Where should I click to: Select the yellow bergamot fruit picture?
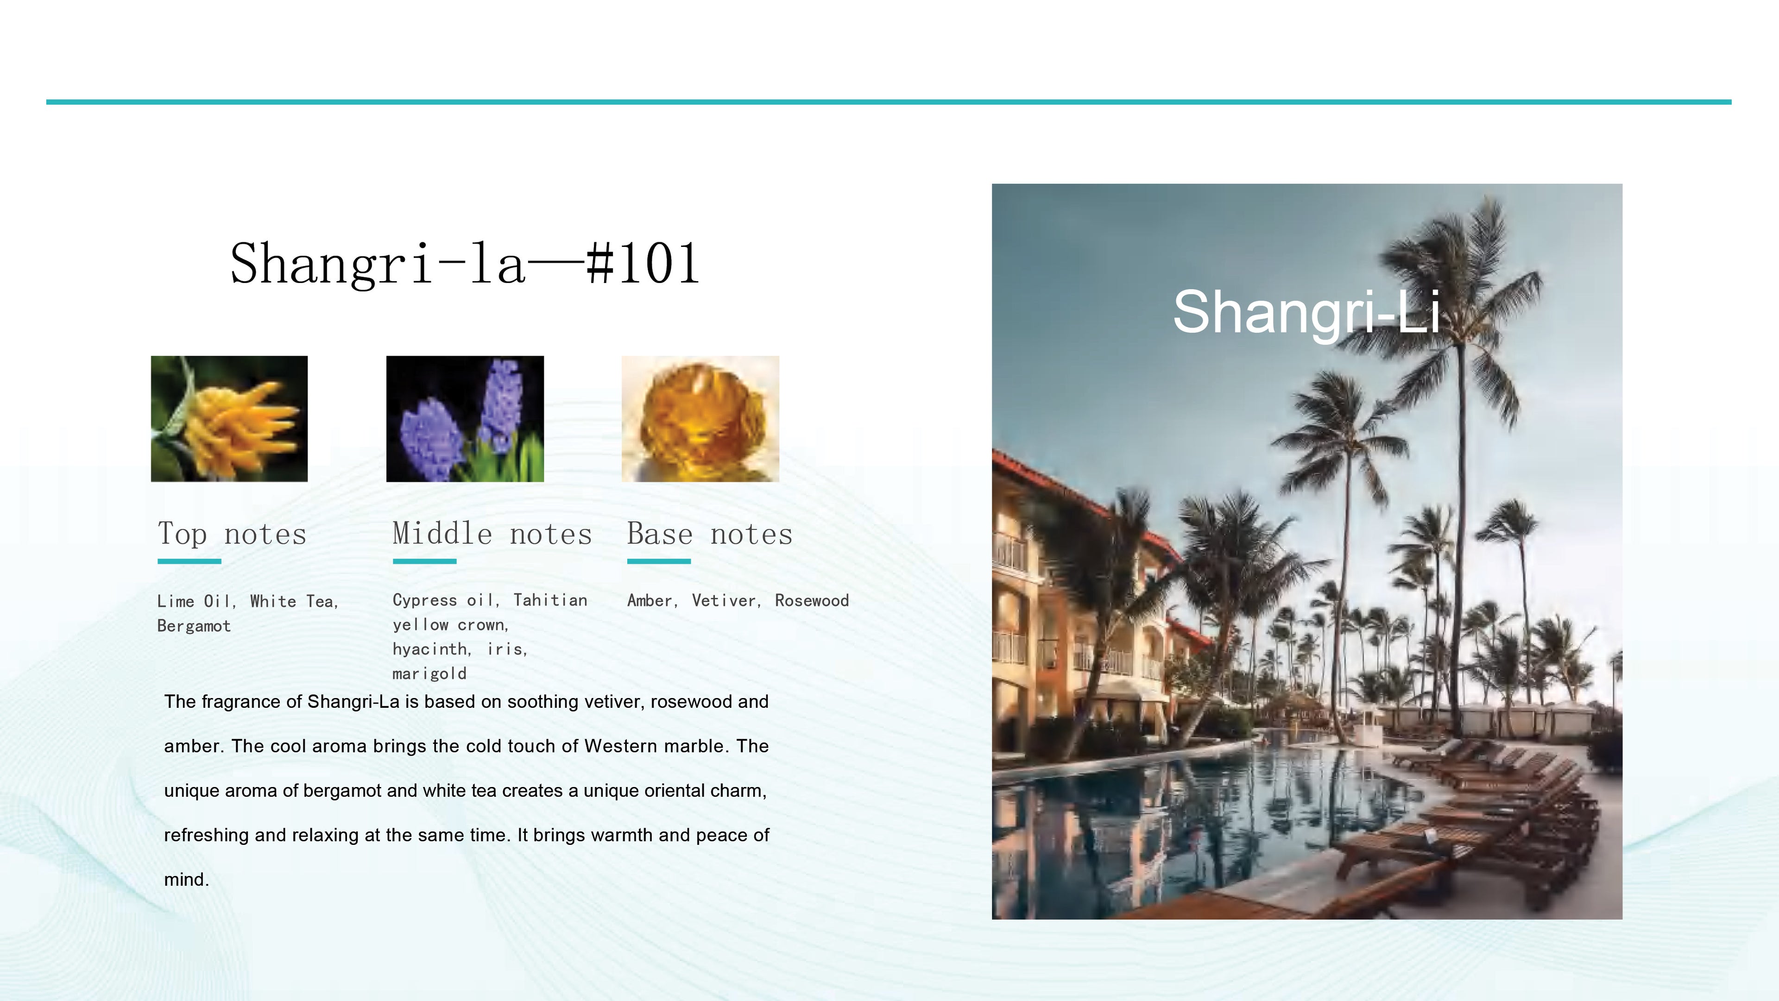[229, 419]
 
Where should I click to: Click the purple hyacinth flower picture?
[465, 419]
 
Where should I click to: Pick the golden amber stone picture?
[700, 419]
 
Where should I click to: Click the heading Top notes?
[232, 534]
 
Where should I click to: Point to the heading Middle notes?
[492, 534]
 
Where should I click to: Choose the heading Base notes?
[709, 534]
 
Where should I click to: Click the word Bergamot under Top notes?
[194, 626]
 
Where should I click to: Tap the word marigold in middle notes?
[429, 674]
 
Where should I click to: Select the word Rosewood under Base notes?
[812, 601]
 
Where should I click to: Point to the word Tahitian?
[550, 600]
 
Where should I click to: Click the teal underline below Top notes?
[189, 561]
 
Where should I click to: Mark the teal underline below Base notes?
[659, 561]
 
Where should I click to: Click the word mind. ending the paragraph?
[186, 880]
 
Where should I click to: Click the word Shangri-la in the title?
[378, 264]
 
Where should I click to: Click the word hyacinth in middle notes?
[431, 649]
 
